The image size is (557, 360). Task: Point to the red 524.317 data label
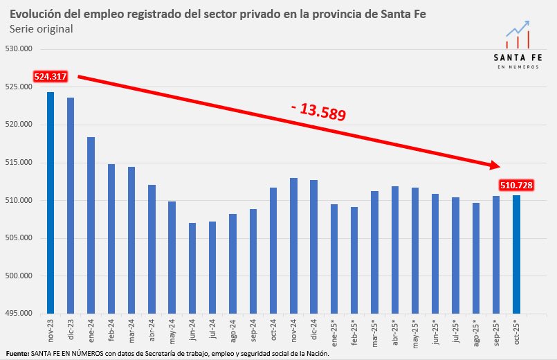(x=50, y=77)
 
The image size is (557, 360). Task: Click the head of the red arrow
(x=494, y=165)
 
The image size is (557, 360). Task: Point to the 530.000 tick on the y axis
(x=23, y=49)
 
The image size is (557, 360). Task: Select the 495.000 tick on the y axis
(x=23, y=314)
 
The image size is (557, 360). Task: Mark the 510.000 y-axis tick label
(x=23, y=201)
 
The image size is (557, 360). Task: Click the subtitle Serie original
(x=42, y=29)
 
